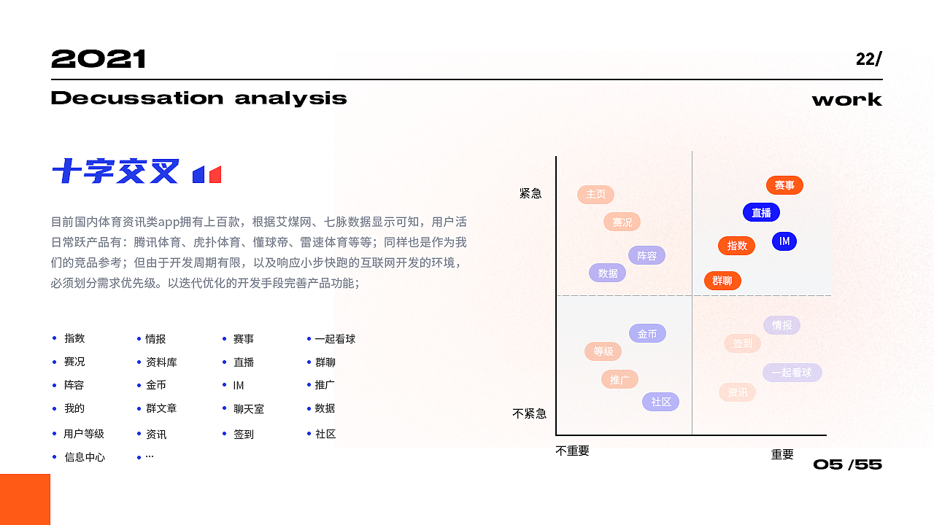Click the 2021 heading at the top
(x=99, y=59)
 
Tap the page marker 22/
(x=868, y=59)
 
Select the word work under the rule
(x=846, y=99)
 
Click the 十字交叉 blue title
(x=115, y=172)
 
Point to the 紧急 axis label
(x=530, y=193)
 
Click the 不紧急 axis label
(x=529, y=413)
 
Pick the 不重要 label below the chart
(x=572, y=451)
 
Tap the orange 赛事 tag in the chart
(x=784, y=185)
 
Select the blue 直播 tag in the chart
(x=761, y=212)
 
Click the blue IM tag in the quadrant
(x=784, y=241)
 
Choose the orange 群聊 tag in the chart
(x=722, y=281)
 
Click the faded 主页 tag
(x=595, y=195)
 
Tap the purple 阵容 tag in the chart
(x=647, y=255)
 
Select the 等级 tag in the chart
(x=603, y=351)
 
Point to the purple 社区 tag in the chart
(x=660, y=402)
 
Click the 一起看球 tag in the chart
(x=792, y=373)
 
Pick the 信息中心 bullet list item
(x=85, y=457)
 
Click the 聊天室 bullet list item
(x=248, y=409)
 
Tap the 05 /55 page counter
(x=847, y=464)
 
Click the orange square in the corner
(x=25, y=499)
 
